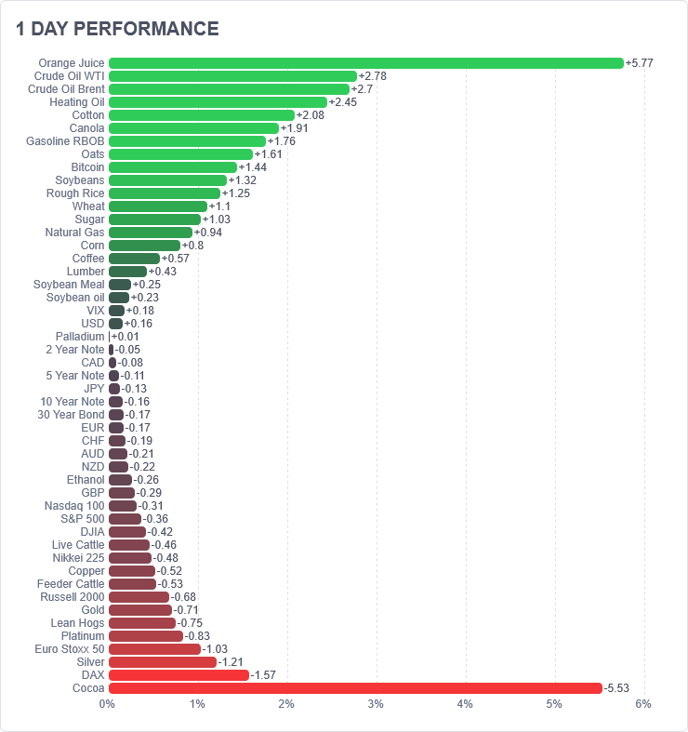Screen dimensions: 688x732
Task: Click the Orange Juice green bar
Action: point(366,63)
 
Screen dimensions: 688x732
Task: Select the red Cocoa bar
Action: point(356,688)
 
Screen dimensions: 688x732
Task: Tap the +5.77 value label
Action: point(640,63)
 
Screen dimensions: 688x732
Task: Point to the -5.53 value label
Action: point(616,688)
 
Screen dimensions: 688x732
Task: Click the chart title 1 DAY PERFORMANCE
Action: point(117,29)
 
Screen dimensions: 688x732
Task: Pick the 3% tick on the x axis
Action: point(376,704)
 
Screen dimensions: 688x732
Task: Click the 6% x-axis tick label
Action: point(643,704)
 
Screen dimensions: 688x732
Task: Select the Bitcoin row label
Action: point(87,167)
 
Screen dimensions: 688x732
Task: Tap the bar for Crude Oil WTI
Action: point(233,76)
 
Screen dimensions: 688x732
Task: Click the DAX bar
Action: point(179,675)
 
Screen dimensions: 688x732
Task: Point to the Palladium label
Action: point(80,337)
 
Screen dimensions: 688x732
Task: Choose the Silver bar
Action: point(163,662)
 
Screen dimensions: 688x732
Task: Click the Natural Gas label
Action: point(74,233)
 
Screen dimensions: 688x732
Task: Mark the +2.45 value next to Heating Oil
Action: point(342,102)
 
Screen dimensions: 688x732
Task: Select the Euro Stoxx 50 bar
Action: point(155,649)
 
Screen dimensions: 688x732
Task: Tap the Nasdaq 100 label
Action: point(74,506)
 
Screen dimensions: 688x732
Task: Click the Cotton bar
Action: point(202,115)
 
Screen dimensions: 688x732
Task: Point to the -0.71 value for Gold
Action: point(186,609)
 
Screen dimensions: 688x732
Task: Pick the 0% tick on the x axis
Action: point(107,704)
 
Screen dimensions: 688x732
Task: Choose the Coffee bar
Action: point(135,259)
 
